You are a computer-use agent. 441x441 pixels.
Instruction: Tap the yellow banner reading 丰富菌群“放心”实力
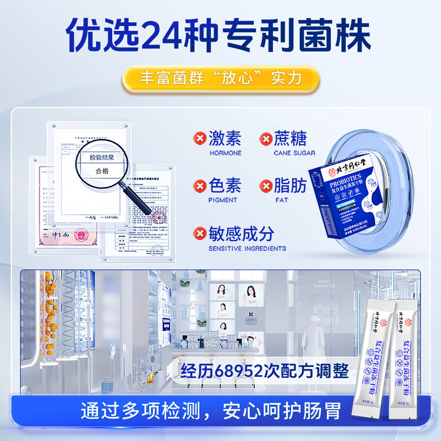(x=220, y=79)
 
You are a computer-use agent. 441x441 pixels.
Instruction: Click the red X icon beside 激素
(x=199, y=139)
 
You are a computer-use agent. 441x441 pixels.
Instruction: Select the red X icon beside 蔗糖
(x=265, y=139)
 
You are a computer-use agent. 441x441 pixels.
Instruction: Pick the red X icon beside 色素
(x=199, y=186)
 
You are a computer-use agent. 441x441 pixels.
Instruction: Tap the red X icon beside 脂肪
(x=265, y=186)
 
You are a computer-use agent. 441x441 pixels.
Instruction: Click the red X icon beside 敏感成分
(x=199, y=233)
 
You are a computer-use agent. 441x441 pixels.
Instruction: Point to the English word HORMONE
(x=225, y=153)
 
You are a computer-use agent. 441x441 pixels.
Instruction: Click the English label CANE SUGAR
(x=294, y=153)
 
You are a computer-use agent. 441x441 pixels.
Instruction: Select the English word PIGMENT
(x=223, y=200)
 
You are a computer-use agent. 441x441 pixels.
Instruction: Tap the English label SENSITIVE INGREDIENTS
(x=247, y=248)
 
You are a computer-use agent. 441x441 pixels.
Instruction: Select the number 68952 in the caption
(x=238, y=371)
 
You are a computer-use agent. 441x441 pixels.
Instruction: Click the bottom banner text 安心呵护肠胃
(x=282, y=411)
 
